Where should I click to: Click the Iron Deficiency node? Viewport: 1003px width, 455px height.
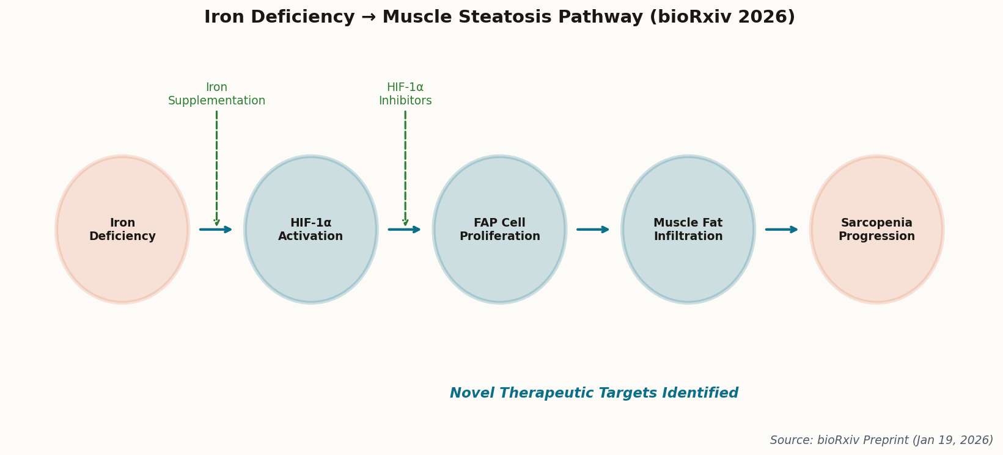tap(122, 230)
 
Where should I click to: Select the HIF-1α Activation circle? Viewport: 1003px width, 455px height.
tap(310, 230)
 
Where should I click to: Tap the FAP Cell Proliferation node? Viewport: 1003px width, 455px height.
tap(499, 230)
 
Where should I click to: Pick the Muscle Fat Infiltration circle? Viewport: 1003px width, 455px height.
tap(688, 230)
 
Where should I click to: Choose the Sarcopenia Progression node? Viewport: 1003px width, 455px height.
tap(876, 230)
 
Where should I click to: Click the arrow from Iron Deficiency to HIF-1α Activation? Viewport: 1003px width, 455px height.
tap(215, 230)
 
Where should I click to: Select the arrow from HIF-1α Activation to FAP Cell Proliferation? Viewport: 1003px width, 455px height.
tap(404, 230)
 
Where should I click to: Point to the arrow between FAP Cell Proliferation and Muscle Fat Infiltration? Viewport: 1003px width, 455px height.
tap(592, 230)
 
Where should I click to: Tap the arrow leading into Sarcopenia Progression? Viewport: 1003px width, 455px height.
tap(781, 230)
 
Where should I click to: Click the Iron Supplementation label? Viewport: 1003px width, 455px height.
tap(216, 94)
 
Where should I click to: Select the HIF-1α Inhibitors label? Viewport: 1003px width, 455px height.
tap(405, 94)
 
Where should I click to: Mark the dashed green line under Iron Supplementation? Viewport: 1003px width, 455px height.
tap(216, 165)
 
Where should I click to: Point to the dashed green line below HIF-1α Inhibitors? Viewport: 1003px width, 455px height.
tap(405, 165)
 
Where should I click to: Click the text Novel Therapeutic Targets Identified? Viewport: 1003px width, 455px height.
tap(594, 393)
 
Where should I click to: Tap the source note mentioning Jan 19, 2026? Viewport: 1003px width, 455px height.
tap(881, 440)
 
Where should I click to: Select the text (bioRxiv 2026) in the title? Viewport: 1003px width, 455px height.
tap(722, 17)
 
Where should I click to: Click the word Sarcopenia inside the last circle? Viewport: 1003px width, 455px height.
tap(876, 223)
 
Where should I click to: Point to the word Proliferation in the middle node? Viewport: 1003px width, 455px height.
tap(499, 236)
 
